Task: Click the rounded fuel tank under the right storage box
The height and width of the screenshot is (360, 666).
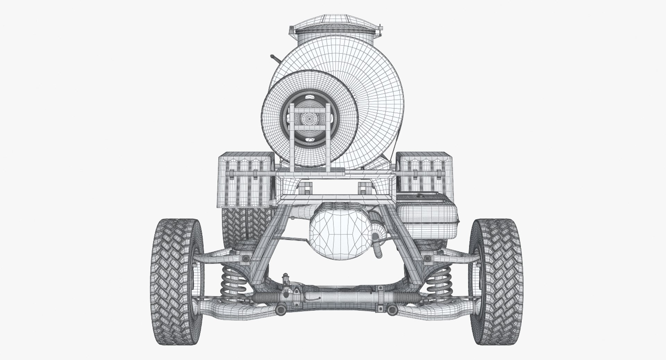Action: click(427, 217)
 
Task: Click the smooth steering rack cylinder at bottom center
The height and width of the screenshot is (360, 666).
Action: click(347, 298)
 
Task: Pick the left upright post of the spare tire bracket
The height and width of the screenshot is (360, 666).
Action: click(292, 139)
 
